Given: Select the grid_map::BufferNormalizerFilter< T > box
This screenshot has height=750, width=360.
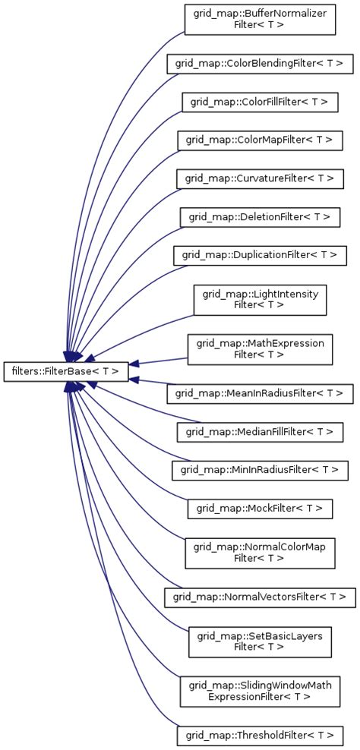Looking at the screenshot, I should (260, 19).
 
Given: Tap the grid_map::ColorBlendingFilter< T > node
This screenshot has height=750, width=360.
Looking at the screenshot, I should (260, 64).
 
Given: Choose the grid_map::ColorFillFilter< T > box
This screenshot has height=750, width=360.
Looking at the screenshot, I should (260, 102).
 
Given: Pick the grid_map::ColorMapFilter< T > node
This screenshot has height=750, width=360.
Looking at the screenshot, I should (260, 140).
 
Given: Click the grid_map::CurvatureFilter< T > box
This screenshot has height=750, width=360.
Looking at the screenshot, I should (260, 178).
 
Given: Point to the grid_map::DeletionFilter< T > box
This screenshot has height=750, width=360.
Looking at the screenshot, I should (260, 217).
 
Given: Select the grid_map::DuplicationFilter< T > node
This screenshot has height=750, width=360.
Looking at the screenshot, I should (260, 255).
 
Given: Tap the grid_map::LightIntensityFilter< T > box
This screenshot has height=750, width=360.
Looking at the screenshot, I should (260, 299).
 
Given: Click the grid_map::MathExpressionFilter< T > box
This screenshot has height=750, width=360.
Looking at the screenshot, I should (260, 349).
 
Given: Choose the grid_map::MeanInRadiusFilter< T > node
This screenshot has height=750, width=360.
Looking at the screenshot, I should (260, 393).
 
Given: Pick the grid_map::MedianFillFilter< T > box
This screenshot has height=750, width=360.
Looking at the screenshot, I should (260, 432).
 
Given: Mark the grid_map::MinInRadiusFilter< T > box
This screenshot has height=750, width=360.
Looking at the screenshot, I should (260, 470).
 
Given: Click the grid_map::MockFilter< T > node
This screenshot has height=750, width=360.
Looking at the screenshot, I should (260, 508).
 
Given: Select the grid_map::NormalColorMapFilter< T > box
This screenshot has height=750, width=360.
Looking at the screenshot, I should (260, 553).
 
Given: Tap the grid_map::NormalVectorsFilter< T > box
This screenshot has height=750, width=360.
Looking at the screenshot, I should (260, 597).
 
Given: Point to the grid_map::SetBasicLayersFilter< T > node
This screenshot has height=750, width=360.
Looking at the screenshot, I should (260, 641).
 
